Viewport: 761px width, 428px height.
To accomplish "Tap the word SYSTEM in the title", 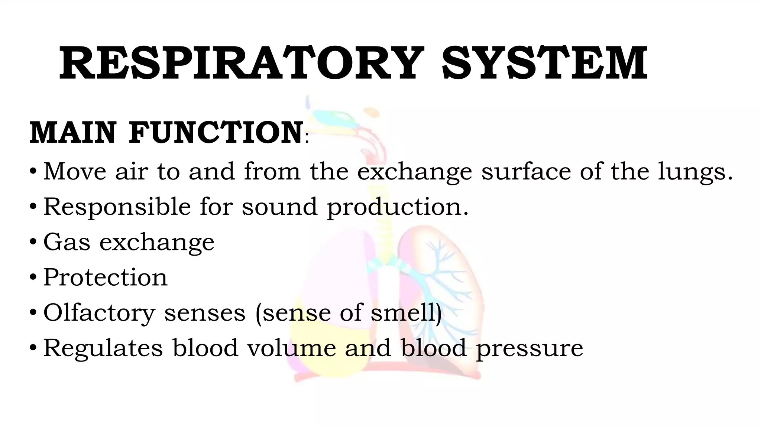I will pyautogui.click(x=545, y=63).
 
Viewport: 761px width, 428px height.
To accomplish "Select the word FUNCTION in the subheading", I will pyautogui.click(x=216, y=133).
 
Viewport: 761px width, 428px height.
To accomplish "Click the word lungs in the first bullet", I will pyautogui.click(x=691, y=172).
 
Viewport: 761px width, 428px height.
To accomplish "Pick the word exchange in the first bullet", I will pyautogui.click(x=415, y=172).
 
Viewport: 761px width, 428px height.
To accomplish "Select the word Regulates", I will pyautogui.click(x=103, y=348).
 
